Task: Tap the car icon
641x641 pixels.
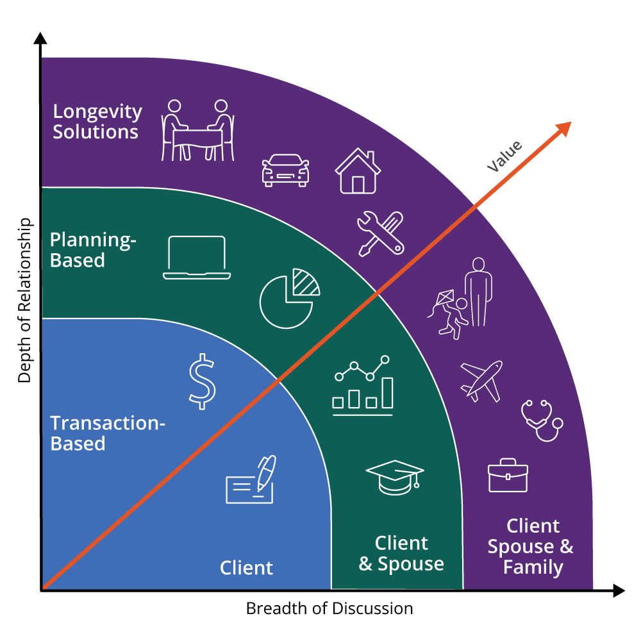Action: click(x=285, y=170)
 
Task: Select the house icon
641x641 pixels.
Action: click(x=358, y=171)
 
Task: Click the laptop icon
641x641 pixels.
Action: click(x=197, y=258)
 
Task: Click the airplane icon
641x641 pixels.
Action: click(x=481, y=380)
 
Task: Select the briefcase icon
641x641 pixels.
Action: click(x=508, y=475)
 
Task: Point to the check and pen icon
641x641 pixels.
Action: click(x=251, y=480)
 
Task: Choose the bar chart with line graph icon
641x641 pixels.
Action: click(x=362, y=385)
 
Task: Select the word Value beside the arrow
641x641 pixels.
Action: click(x=504, y=156)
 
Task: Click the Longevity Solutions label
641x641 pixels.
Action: click(x=97, y=121)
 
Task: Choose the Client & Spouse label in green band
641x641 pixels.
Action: click(x=401, y=554)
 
